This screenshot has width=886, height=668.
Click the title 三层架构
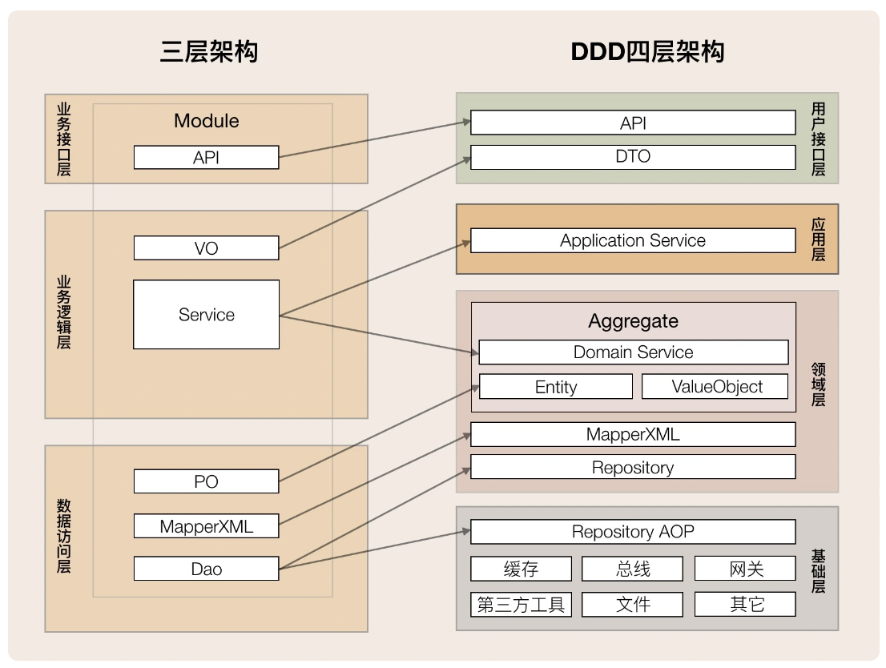[x=209, y=51]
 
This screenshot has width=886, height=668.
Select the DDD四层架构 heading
[x=647, y=51]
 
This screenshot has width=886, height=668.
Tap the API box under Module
[x=206, y=158]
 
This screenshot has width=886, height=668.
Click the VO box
[x=206, y=248]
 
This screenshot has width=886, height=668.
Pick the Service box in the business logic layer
[x=206, y=314]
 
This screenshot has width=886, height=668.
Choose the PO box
[x=206, y=481]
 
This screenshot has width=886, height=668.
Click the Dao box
[x=206, y=569]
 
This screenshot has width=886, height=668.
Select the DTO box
[x=633, y=157]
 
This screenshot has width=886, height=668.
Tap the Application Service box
[x=633, y=241]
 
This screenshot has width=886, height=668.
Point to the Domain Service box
[x=634, y=352]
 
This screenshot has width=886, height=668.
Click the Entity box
[x=556, y=387]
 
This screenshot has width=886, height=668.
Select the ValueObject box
[x=715, y=387]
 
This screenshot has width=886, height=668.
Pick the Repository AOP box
[x=633, y=532]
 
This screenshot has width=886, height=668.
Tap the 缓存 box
[x=521, y=569]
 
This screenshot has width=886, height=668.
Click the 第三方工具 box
[x=521, y=605]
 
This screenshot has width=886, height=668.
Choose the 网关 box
[x=745, y=569]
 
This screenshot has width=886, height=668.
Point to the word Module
[x=206, y=121]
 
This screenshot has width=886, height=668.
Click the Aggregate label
[x=634, y=321]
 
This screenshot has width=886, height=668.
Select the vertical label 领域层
[x=818, y=385]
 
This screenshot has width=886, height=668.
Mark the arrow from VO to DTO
[x=375, y=203]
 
